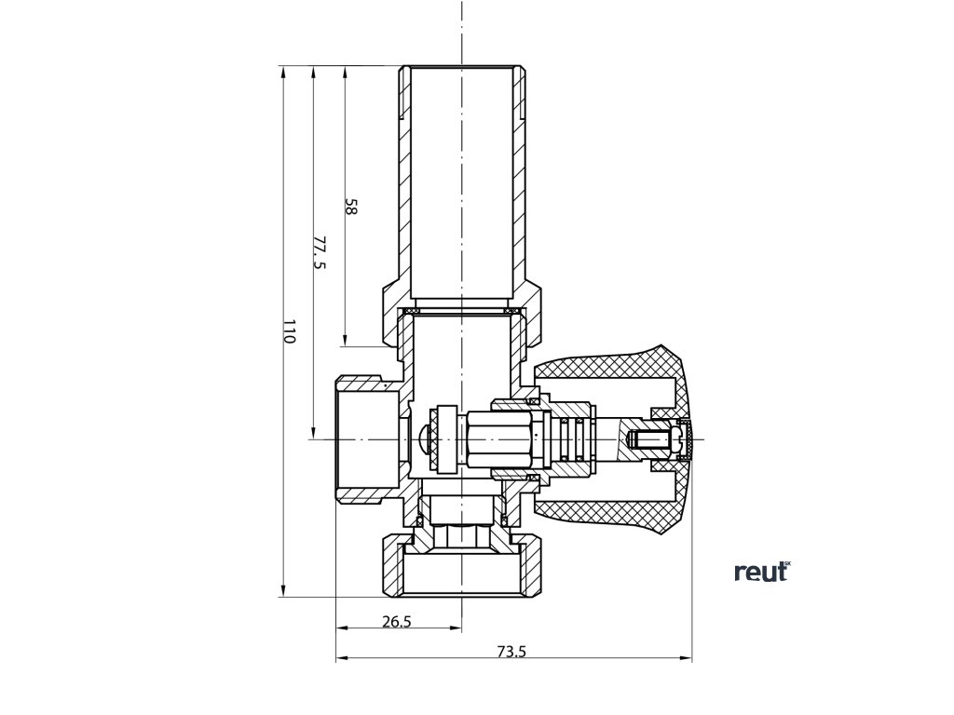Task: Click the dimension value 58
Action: point(351,207)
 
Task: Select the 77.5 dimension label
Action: point(320,252)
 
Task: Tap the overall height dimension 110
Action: point(289,332)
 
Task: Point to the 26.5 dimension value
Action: point(396,622)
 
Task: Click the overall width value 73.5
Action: point(511,652)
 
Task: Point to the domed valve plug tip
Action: point(426,438)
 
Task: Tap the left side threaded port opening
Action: point(363,438)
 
